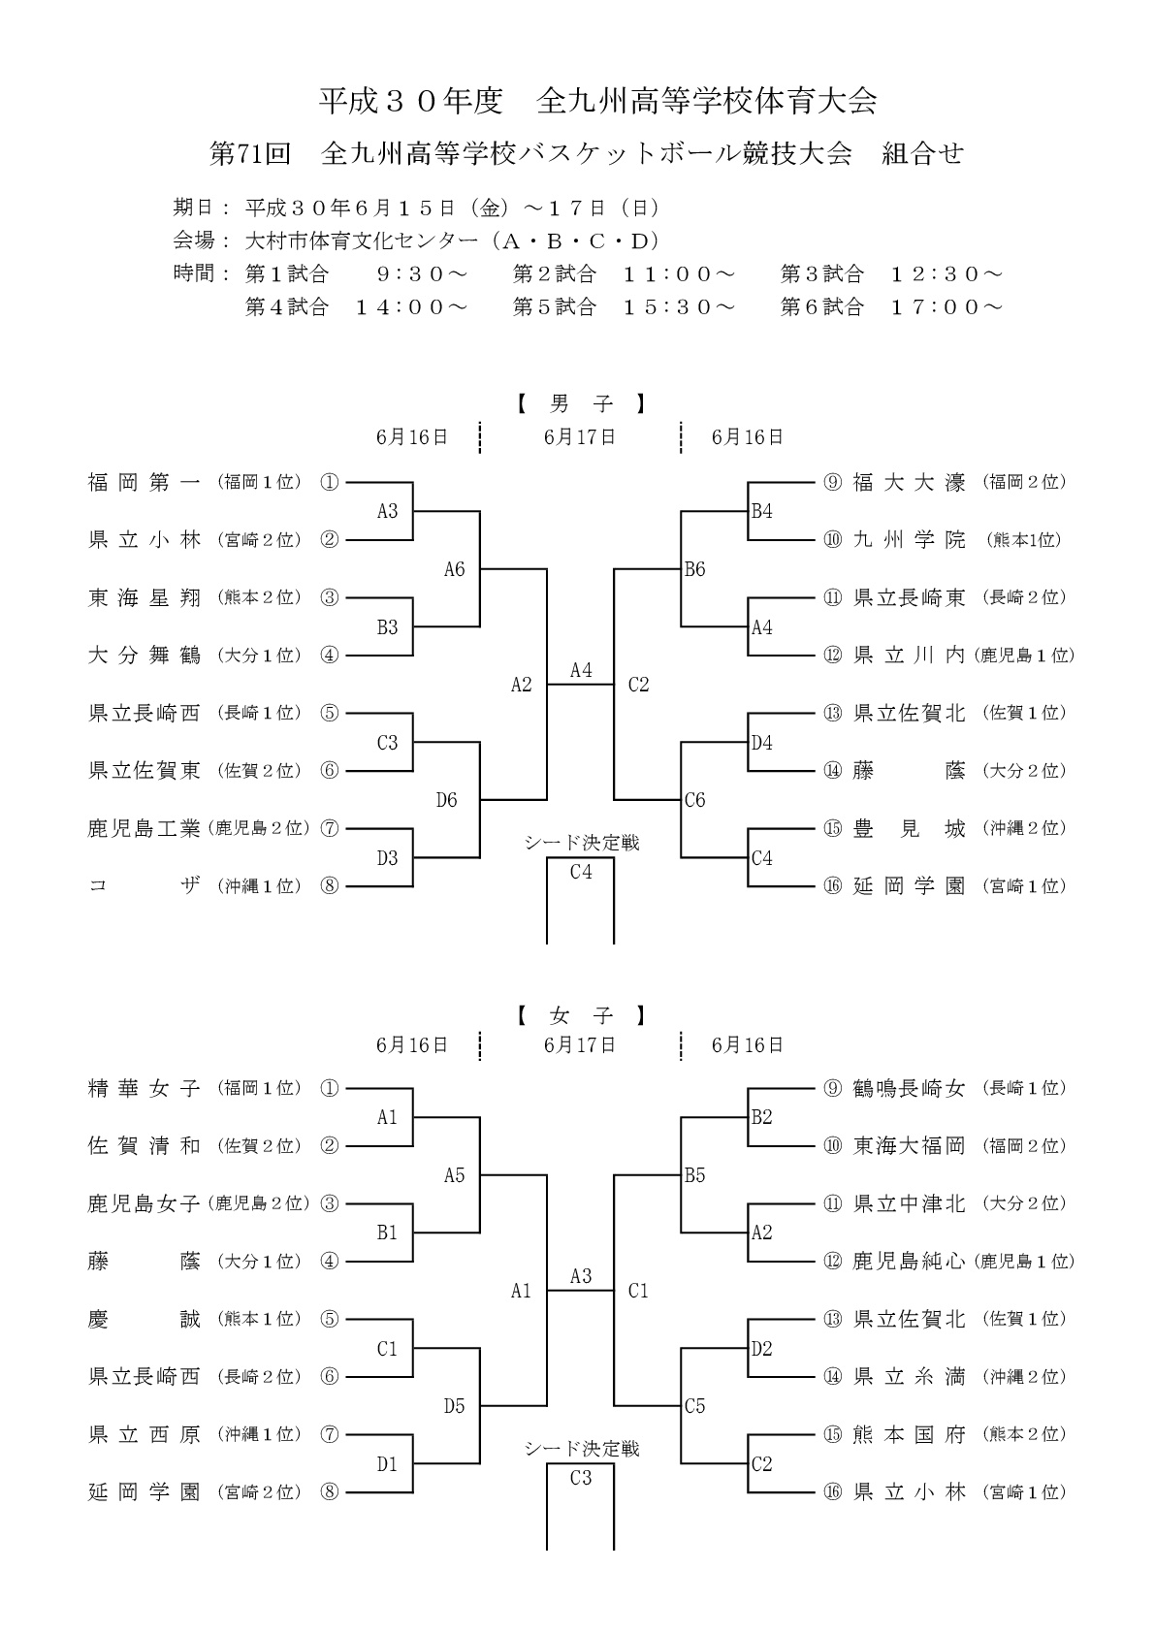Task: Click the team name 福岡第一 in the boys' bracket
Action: (144, 482)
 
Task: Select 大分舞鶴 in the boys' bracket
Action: (144, 656)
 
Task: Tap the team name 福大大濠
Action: (909, 482)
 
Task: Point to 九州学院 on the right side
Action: (909, 540)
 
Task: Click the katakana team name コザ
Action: (144, 885)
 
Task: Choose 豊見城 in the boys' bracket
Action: (909, 828)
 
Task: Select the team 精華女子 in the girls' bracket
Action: (144, 1088)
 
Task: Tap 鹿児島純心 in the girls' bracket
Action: (909, 1261)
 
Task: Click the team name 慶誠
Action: (144, 1319)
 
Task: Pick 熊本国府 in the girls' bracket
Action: (909, 1434)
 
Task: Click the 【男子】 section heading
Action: (580, 402)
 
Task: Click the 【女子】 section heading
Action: (580, 1016)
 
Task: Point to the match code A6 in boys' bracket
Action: (455, 569)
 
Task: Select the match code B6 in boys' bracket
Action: (694, 569)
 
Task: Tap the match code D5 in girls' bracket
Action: (455, 1406)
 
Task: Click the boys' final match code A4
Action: (581, 670)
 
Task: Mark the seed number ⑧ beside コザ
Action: (330, 885)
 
